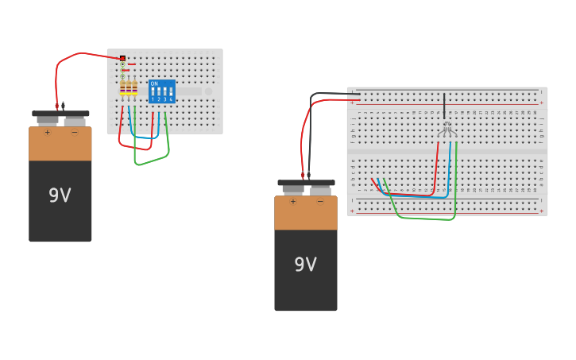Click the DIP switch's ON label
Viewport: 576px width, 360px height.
(x=153, y=83)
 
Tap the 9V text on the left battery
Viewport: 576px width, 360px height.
(x=60, y=195)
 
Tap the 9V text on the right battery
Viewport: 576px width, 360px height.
(x=305, y=265)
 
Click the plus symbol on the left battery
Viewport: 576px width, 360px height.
(x=47, y=133)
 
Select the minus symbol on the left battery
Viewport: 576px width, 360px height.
(x=75, y=133)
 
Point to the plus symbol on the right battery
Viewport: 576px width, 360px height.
(x=292, y=202)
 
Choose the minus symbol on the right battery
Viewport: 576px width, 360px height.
(x=320, y=202)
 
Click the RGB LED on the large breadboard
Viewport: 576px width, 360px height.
(x=446, y=127)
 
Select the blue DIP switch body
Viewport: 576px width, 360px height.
(x=162, y=91)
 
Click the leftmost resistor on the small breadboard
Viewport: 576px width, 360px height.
(x=122, y=87)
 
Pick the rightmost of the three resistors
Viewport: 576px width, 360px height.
(x=135, y=87)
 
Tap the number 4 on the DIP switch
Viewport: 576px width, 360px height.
(x=171, y=99)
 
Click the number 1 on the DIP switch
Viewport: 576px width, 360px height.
(x=153, y=99)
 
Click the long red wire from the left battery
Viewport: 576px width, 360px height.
(x=79, y=54)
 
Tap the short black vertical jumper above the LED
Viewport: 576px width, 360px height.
(x=444, y=105)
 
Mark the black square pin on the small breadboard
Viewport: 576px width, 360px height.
(x=122, y=58)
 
